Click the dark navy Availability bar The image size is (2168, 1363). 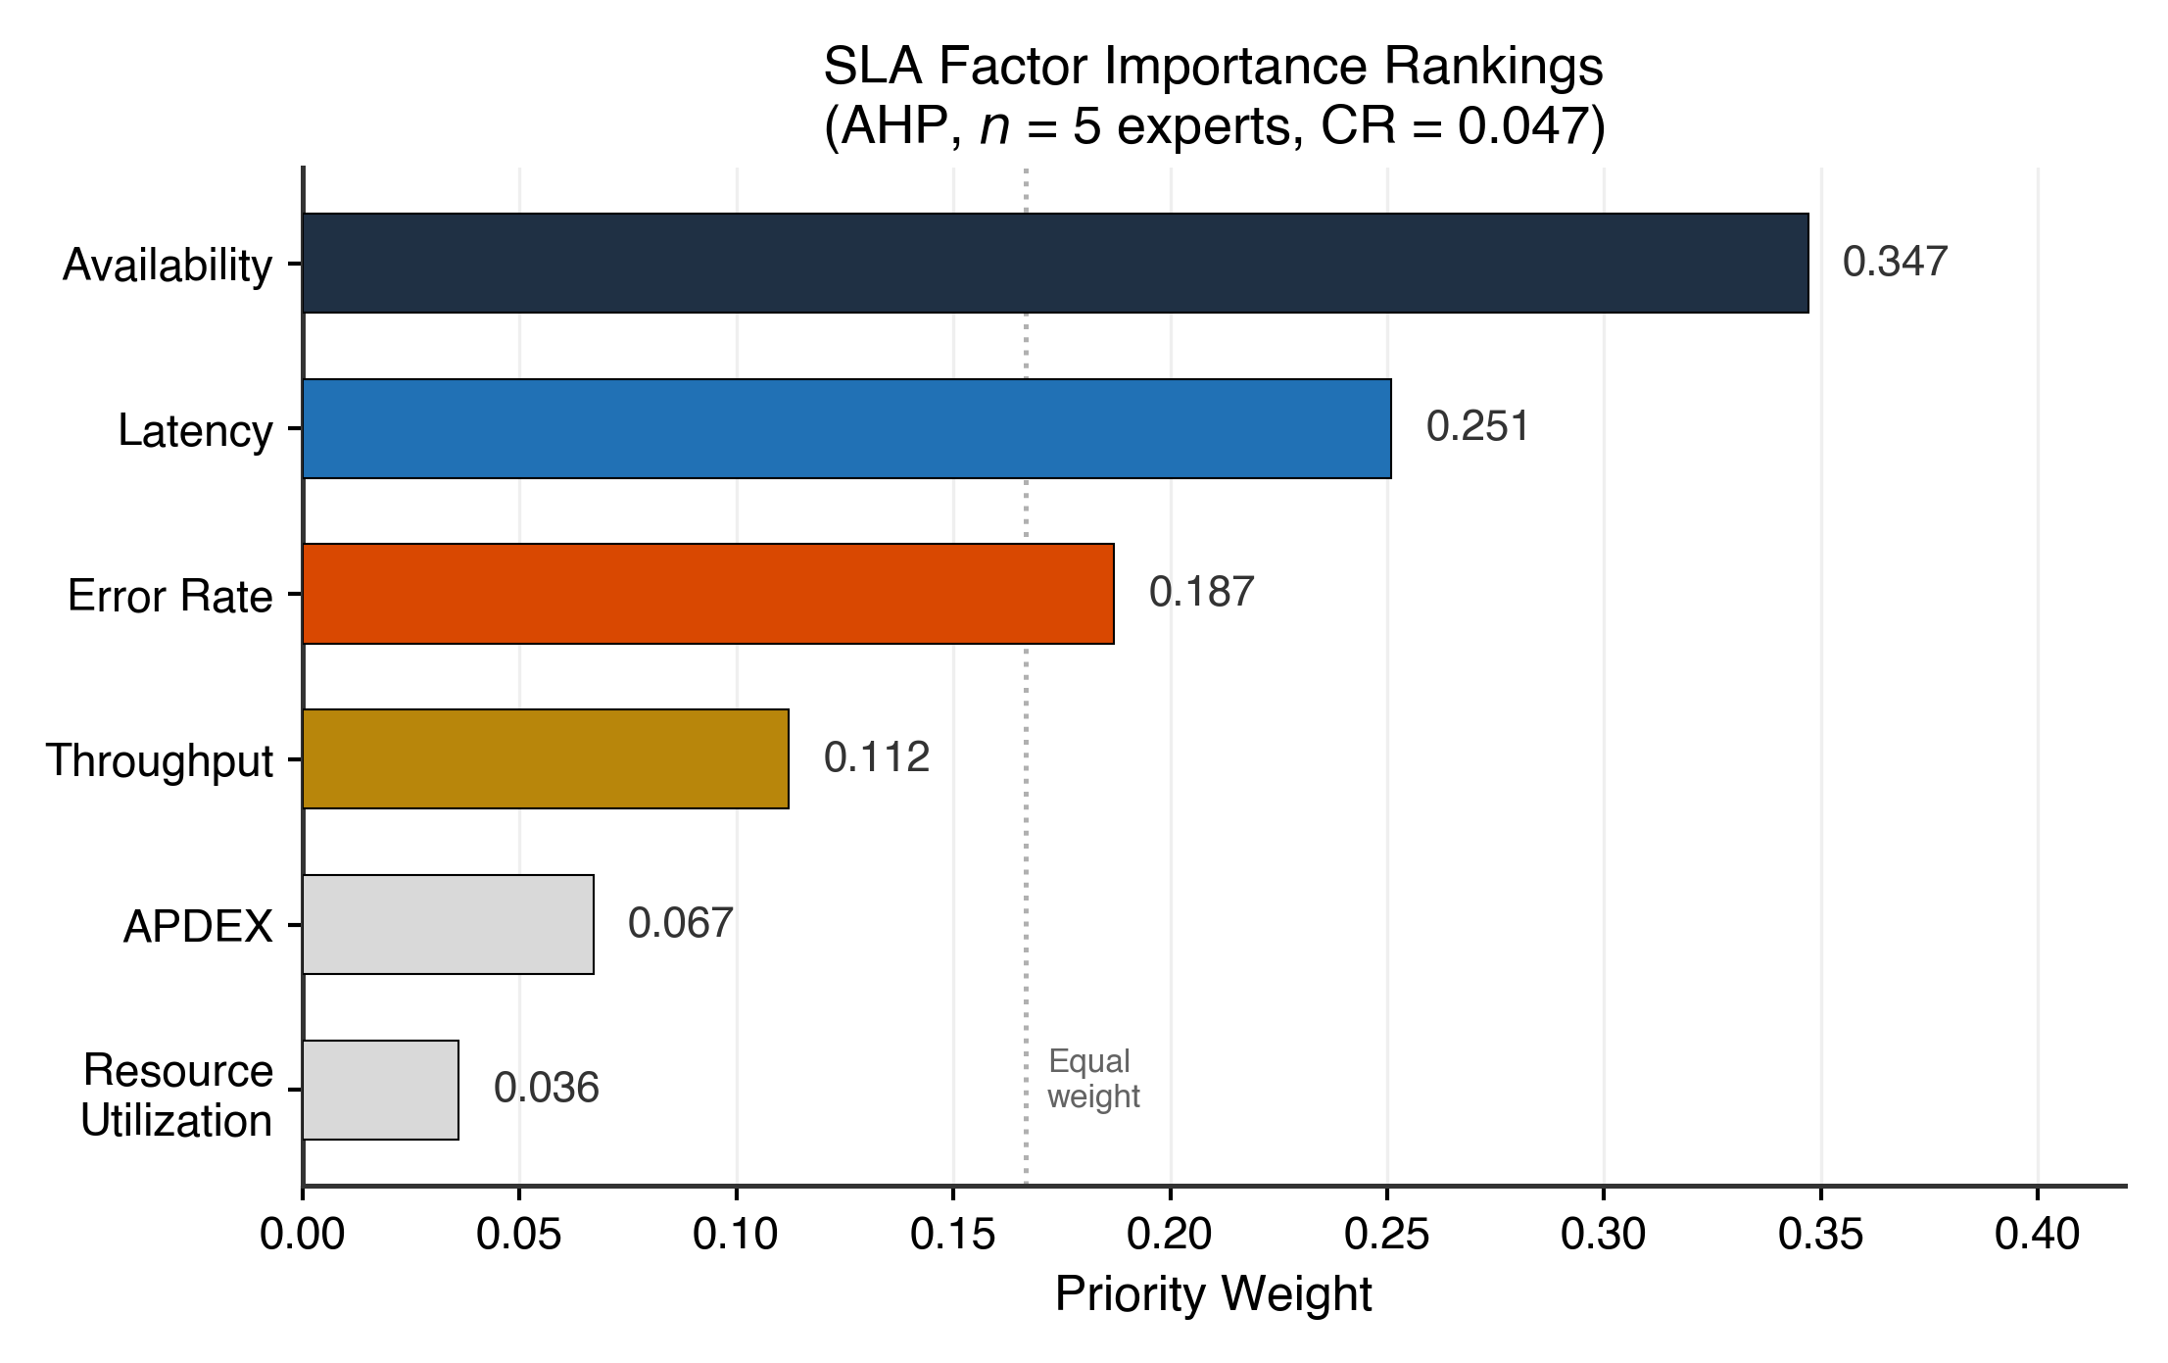coord(1055,263)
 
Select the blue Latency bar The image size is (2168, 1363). coord(846,428)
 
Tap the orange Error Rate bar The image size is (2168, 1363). coord(707,594)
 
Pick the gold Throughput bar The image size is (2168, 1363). coord(545,758)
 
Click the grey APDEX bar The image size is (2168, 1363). coord(448,924)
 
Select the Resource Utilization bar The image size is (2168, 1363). coord(380,1090)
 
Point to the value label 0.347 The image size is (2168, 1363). coord(1895,262)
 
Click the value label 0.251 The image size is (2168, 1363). coord(1477,427)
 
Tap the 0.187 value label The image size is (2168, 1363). coord(1201,592)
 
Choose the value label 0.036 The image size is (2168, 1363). coord(546,1089)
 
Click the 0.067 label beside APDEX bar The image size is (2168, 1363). coord(680,923)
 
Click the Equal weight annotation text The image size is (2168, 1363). coord(1092,1079)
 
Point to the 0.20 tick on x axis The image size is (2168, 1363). coord(1170,1235)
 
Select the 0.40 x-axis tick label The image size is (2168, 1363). coord(2037,1235)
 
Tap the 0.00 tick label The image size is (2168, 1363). coord(303,1235)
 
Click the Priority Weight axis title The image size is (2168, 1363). coord(1213,1294)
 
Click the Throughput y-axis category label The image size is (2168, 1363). coord(159,760)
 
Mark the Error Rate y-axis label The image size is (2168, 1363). coord(169,596)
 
